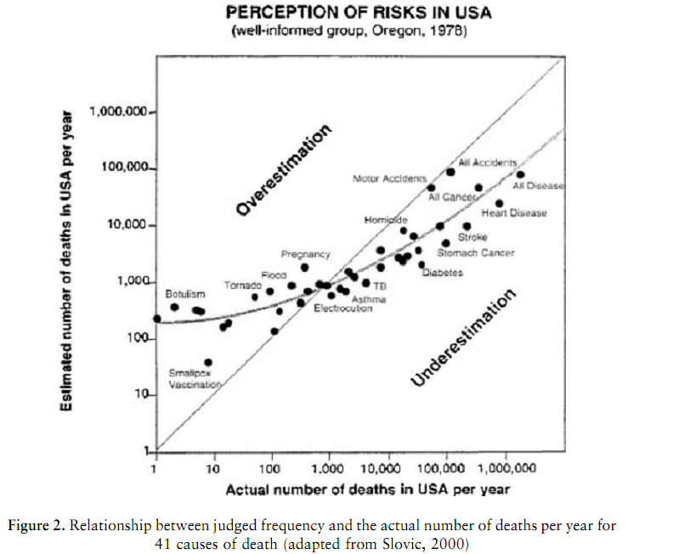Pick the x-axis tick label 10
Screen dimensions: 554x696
click(x=212, y=468)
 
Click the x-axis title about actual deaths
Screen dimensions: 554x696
click(x=367, y=489)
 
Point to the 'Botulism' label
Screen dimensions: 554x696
click(x=184, y=293)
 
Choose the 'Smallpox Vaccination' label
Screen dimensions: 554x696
click(x=195, y=378)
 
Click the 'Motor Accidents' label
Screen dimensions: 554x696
click(x=388, y=178)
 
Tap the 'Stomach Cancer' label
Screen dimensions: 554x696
click(x=475, y=252)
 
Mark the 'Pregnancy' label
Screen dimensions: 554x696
click(x=305, y=255)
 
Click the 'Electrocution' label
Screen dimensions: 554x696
click(x=342, y=308)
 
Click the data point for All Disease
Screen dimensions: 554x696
click(x=519, y=174)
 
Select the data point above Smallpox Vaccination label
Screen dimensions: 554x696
click(x=208, y=363)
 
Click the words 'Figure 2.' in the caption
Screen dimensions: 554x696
click(x=37, y=526)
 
